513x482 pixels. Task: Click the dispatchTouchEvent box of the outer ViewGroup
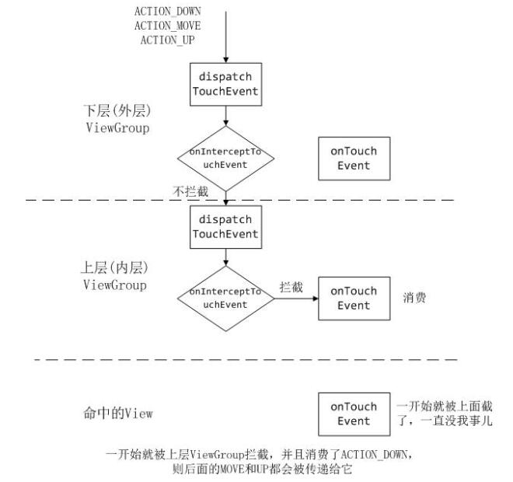(x=225, y=86)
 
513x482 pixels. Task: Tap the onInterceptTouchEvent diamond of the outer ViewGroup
(x=225, y=158)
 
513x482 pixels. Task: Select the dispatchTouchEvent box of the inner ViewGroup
(x=225, y=226)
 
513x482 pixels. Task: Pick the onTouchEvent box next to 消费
(x=354, y=298)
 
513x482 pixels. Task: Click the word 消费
(x=414, y=298)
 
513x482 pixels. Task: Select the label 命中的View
(x=117, y=414)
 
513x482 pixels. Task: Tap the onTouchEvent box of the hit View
(x=354, y=414)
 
